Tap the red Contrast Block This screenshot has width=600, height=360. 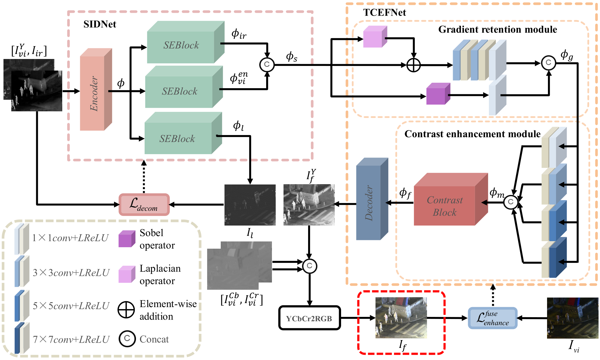tap(447, 204)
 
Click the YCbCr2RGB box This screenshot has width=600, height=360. tap(309, 318)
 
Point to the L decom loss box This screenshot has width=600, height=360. tap(144, 205)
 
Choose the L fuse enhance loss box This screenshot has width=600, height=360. tap(492, 318)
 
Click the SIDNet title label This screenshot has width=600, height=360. tap(100, 24)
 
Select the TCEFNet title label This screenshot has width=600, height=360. tap(384, 13)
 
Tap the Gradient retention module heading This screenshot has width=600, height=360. tap(497, 29)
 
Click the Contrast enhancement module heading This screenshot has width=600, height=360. tap(472, 134)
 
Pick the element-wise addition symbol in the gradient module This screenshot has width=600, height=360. tap(413, 65)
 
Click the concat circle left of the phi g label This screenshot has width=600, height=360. tap(548, 63)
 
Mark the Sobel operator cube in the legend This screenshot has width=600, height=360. tap(127, 239)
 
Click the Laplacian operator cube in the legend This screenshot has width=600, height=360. tap(127, 274)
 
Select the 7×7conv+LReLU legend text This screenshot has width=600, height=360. tap(71, 339)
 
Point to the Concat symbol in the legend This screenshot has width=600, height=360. tap(127, 339)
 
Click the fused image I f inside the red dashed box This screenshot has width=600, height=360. tap(401, 318)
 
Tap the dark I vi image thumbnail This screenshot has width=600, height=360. tap(573, 318)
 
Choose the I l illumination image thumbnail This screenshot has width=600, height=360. tap(250, 205)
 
